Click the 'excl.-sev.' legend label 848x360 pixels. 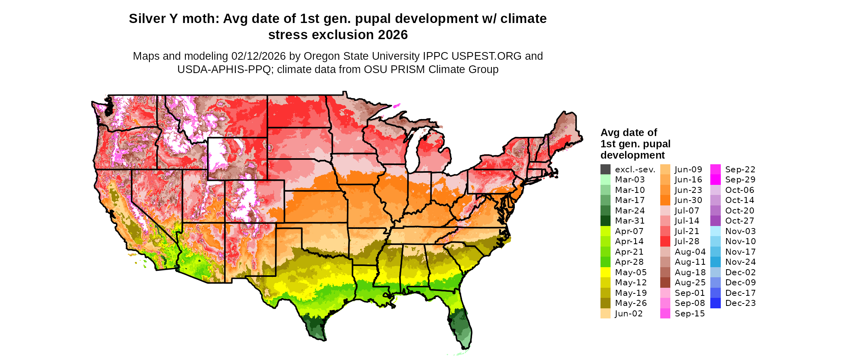(x=635, y=170)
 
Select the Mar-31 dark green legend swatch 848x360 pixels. (x=605, y=221)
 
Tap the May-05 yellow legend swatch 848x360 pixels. (x=605, y=272)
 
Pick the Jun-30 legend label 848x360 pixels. (x=688, y=200)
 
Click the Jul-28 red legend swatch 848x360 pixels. (x=665, y=241)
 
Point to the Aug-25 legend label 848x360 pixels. (x=690, y=283)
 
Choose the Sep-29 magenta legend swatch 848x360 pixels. (x=715, y=180)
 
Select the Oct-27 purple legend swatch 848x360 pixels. (x=715, y=221)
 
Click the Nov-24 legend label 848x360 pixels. (x=740, y=262)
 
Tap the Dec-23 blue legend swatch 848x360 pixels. (x=715, y=303)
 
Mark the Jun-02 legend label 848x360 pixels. (x=629, y=314)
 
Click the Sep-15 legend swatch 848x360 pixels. (x=665, y=314)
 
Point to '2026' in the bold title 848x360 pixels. (x=393, y=35)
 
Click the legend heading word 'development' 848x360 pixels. (x=632, y=155)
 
